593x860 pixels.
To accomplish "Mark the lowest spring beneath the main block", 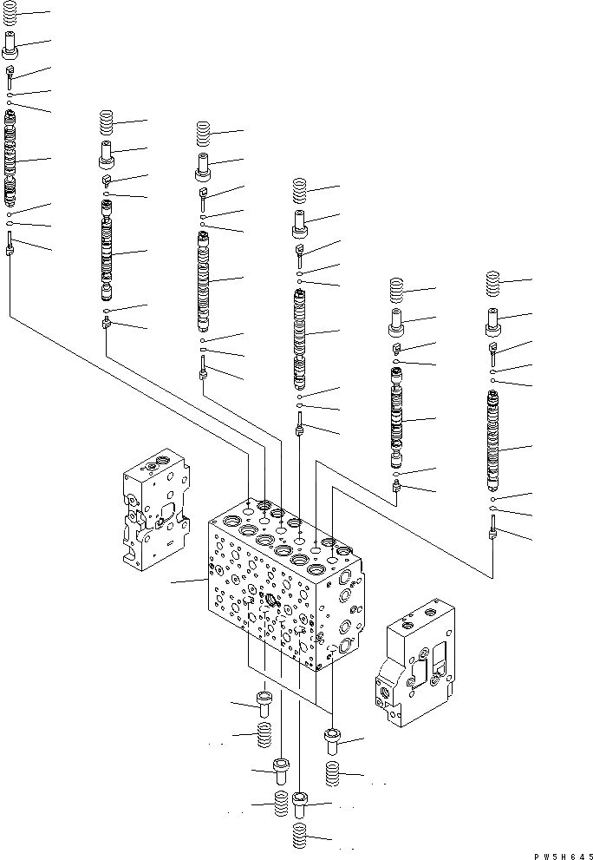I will pyautogui.click(x=299, y=839).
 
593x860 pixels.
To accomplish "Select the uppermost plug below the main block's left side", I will pyautogui.click(x=264, y=700).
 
